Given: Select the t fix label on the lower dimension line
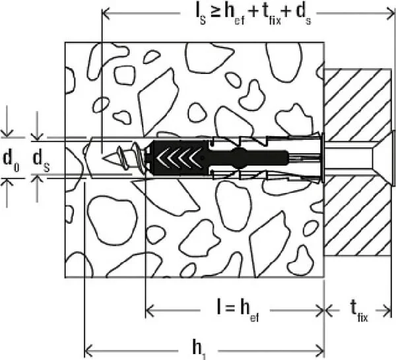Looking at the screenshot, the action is pos(359,312).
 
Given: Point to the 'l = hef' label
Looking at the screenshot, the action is pos(238,311).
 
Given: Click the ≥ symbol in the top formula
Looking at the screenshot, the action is pos(215,13).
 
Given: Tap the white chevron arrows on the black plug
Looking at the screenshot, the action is pos(179,159).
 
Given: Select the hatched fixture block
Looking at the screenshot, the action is pos(358,162).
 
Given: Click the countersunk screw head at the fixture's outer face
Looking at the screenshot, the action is pos(393,159).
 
